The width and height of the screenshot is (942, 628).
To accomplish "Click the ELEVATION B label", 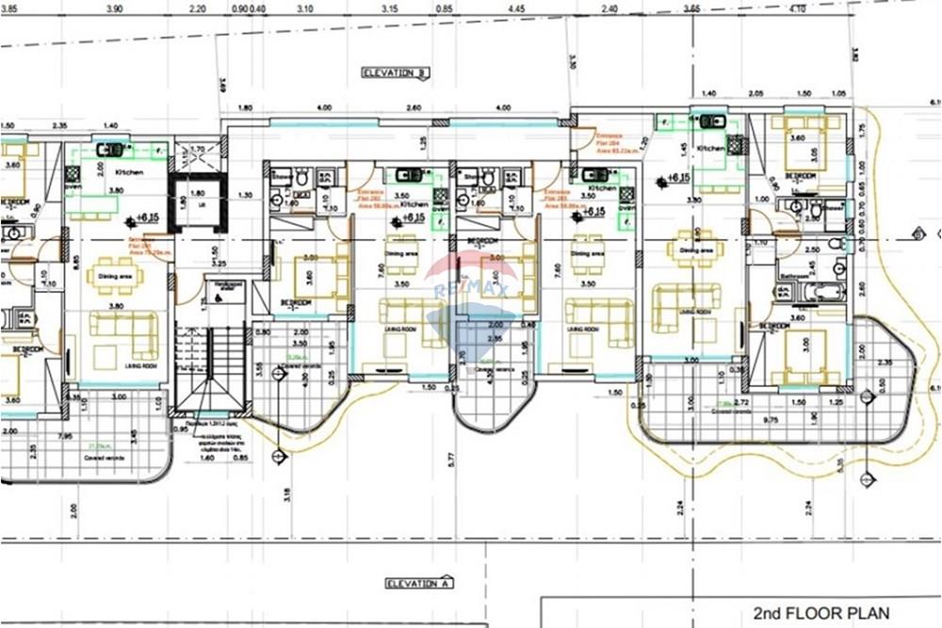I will coord(397,72).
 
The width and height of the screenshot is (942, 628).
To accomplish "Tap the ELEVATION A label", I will coord(419,584).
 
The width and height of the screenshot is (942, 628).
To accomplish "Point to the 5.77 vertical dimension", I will coord(451,459).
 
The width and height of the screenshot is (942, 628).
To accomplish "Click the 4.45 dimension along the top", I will coord(515,8).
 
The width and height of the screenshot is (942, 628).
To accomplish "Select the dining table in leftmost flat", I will coord(115,276).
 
